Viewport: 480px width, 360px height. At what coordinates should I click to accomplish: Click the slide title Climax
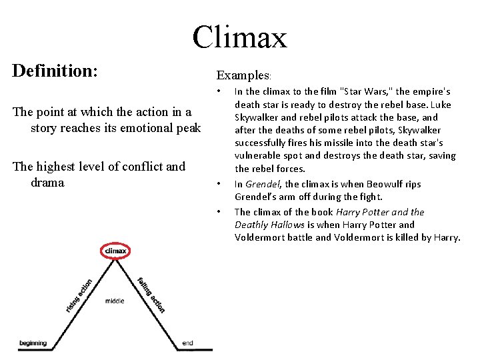(x=239, y=37)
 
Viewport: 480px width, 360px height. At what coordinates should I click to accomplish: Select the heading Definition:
(x=55, y=71)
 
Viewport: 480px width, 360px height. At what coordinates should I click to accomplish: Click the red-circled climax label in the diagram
(x=116, y=251)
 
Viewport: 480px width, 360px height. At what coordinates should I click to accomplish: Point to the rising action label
(x=79, y=295)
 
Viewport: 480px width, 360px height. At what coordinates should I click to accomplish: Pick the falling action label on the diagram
(x=151, y=294)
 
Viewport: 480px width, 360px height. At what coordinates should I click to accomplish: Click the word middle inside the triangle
(x=114, y=301)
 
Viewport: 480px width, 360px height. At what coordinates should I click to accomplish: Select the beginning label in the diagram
(x=33, y=343)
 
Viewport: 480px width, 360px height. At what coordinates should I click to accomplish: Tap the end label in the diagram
(x=187, y=343)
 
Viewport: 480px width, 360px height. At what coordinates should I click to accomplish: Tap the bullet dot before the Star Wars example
(x=219, y=91)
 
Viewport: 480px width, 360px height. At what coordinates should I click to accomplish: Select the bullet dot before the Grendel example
(x=219, y=183)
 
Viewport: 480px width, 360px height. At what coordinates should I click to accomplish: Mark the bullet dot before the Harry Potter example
(x=219, y=212)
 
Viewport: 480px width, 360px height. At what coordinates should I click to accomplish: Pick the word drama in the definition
(x=47, y=182)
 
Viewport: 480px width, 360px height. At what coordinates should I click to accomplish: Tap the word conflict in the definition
(x=127, y=166)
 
